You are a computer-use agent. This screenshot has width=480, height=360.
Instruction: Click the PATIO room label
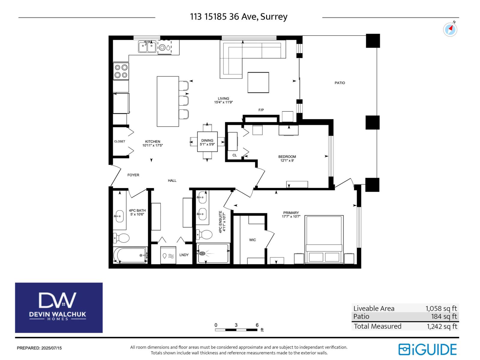pos(340,83)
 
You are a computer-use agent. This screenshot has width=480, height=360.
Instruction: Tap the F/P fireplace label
pos(261,110)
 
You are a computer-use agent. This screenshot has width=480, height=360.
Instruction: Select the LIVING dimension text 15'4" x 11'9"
pos(223,102)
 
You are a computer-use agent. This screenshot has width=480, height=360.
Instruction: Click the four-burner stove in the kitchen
pos(121,71)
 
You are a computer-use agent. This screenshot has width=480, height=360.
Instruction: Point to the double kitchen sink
pos(147,47)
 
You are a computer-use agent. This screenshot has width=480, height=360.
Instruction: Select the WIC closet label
pos(252,240)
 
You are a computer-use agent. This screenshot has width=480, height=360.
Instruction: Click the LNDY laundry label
pos(184,255)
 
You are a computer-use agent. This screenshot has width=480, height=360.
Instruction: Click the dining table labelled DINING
pos(207,142)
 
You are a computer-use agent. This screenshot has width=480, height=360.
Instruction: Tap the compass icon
pos(450,29)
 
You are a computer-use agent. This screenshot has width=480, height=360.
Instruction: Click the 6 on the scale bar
pos(257,325)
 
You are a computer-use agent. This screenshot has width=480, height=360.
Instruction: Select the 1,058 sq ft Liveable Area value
pos(441,308)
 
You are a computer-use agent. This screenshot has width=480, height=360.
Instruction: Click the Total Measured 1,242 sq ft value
pos(442,326)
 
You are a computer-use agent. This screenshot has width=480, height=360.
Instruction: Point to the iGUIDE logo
pos(427,349)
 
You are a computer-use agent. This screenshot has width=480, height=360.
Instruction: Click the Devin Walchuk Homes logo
pos(59,307)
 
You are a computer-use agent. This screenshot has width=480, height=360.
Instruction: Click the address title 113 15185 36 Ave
pos(238,16)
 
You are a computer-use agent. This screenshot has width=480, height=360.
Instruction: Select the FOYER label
pos(133,175)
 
